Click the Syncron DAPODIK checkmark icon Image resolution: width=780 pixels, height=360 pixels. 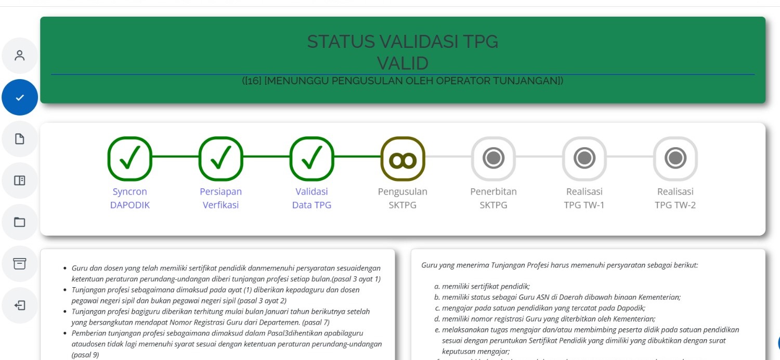coord(129,158)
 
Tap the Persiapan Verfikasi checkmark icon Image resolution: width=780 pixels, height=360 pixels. coord(220,158)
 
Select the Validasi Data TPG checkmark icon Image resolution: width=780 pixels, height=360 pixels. coord(311,158)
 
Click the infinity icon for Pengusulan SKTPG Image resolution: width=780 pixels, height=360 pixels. coord(402,158)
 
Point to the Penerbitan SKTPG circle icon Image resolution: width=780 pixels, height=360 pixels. coord(493,158)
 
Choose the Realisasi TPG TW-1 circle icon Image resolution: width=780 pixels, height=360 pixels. coord(584,158)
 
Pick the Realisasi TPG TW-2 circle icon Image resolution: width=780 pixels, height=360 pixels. coord(675,158)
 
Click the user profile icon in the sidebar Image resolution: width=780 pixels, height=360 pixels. coord(20,56)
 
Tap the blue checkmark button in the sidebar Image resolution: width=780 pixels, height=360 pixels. coord(20,97)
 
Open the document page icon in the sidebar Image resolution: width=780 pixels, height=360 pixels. coord(20,139)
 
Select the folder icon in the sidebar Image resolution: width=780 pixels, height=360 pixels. coord(20,222)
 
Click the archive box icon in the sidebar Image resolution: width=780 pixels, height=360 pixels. coord(20,263)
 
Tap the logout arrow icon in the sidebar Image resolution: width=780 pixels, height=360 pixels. coord(20,305)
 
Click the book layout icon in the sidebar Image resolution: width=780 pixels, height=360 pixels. coord(20,181)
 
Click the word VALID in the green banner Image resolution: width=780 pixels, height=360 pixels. coord(402,63)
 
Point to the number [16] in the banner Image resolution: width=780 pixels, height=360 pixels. coord(253,81)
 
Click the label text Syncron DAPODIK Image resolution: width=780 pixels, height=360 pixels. coord(129,198)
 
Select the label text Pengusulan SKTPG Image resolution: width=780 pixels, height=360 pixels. coord(402,198)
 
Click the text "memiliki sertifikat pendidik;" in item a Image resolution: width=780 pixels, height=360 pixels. coord(486,286)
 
